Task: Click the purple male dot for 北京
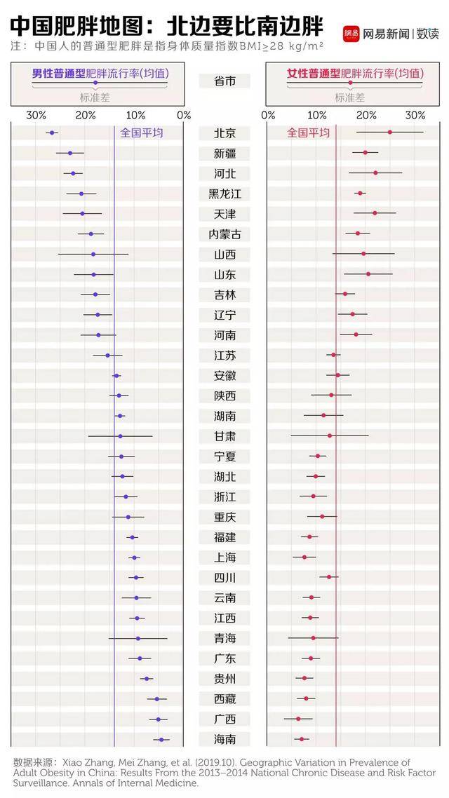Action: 51,133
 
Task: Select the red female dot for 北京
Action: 390,133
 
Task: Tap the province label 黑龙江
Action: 224,194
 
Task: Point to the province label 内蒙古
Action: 224,234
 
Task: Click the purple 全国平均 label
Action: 141,133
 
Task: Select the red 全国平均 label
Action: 308,133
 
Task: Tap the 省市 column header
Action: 224,81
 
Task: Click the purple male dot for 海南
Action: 161,739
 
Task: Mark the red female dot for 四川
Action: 329,577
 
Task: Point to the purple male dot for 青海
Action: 138,638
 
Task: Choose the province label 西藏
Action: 224,699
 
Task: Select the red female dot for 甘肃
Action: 330,435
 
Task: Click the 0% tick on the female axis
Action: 268,115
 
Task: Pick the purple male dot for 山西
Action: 93,254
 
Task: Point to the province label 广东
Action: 224,658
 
